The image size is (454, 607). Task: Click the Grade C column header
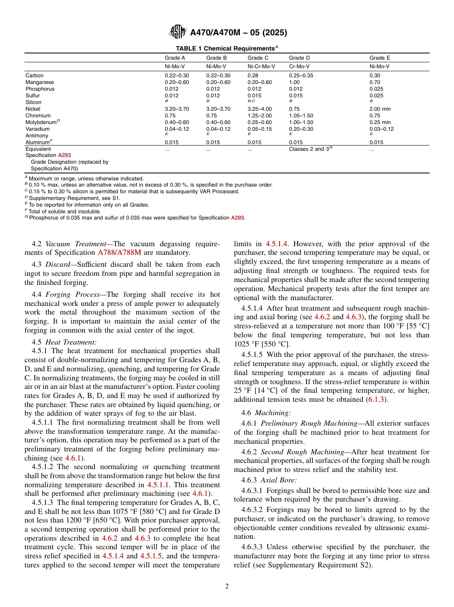point(258,58)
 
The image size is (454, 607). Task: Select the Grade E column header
point(379,58)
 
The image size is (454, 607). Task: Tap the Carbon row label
point(34,75)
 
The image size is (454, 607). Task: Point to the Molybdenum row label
point(42,122)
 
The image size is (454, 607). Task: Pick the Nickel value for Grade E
point(380,109)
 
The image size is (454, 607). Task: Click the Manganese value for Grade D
point(294,82)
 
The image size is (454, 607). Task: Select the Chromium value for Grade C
point(259,115)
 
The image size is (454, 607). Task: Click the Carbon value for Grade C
point(252,75)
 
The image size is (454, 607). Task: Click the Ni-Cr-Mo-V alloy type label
point(261,67)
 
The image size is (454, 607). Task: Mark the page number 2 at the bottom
point(227,586)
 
